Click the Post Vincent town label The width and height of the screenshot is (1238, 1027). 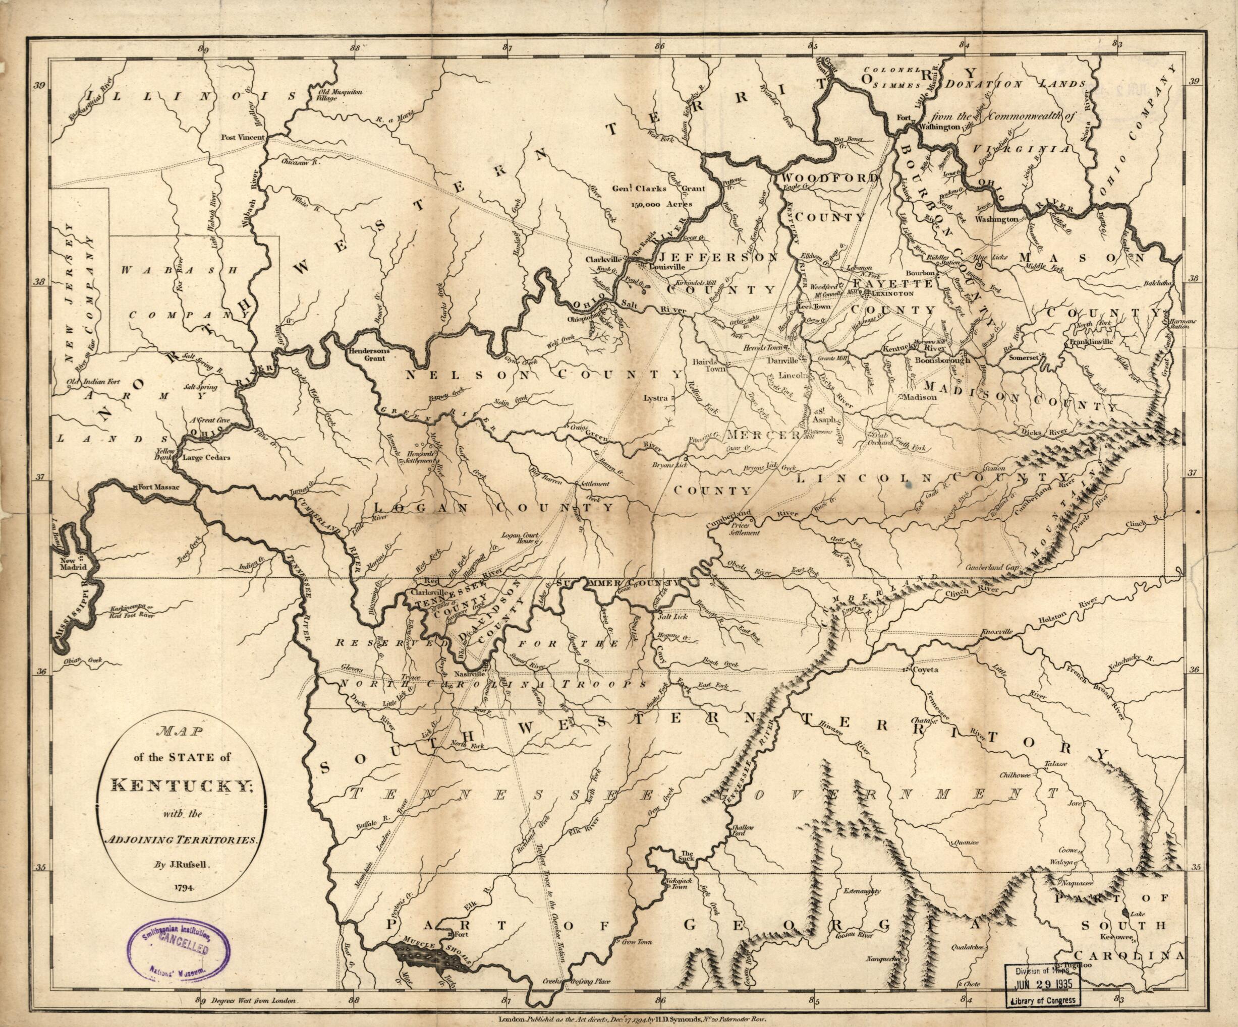[243, 137]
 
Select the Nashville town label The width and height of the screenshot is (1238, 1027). [469, 673]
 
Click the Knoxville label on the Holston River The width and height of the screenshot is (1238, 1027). [996, 632]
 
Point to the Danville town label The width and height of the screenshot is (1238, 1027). [782, 360]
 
